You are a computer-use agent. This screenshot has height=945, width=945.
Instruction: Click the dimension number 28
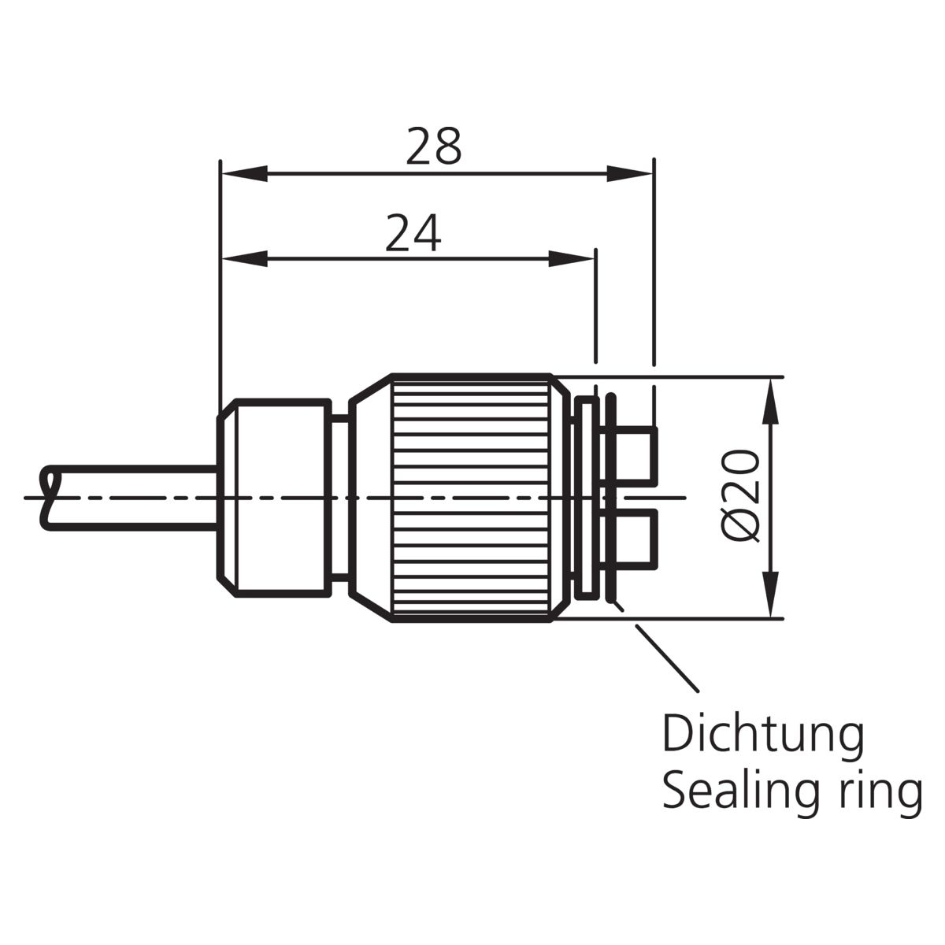[x=433, y=146]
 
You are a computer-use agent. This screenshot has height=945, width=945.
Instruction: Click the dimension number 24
[x=413, y=232]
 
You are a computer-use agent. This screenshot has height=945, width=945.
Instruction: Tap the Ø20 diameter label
[x=742, y=496]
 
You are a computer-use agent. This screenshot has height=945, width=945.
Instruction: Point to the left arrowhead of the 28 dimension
[x=245, y=173]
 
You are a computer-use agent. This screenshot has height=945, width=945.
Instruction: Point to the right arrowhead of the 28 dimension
[x=630, y=173]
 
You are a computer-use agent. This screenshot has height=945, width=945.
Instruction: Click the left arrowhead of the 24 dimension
[x=245, y=259]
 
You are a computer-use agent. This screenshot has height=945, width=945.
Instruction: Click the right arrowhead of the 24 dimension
[x=571, y=259]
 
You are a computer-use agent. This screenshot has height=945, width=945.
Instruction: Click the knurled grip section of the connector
[x=471, y=498]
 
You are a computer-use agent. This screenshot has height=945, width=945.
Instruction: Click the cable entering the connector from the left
[x=132, y=498]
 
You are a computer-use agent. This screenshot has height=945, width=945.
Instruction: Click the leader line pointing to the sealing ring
[x=666, y=658]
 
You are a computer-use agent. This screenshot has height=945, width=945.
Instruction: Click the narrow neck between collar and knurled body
[x=340, y=498]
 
